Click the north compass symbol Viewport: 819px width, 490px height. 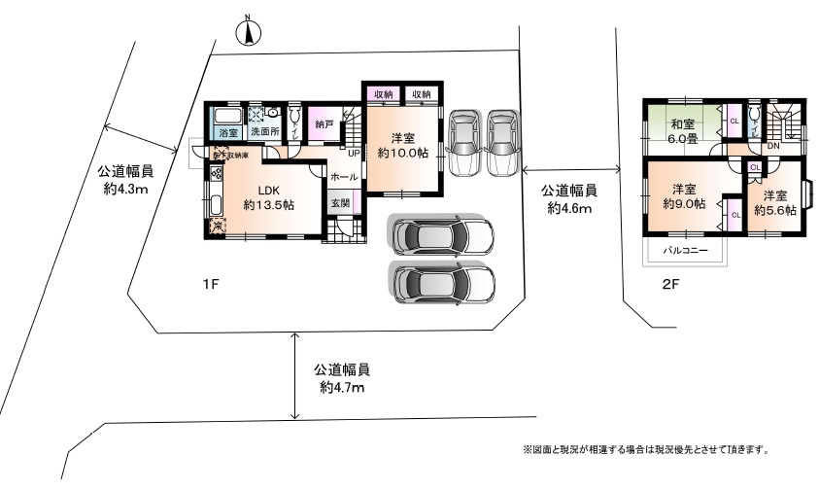(x=250, y=32)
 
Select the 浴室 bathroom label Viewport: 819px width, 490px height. (x=229, y=131)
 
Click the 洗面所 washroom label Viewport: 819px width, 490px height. (x=263, y=131)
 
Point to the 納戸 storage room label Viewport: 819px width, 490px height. (x=324, y=124)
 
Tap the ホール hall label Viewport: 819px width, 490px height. (x=343, y=177)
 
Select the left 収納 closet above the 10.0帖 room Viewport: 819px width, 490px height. (x=383, y=94)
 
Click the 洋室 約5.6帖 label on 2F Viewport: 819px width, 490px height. (x=772, y=202)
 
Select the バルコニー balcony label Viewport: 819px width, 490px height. (x=685, y=250)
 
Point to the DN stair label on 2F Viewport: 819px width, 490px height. (x=773, y=147)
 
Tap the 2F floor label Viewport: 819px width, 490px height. (x=670, y=284)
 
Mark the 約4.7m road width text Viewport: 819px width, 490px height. (x=342, y=388)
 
